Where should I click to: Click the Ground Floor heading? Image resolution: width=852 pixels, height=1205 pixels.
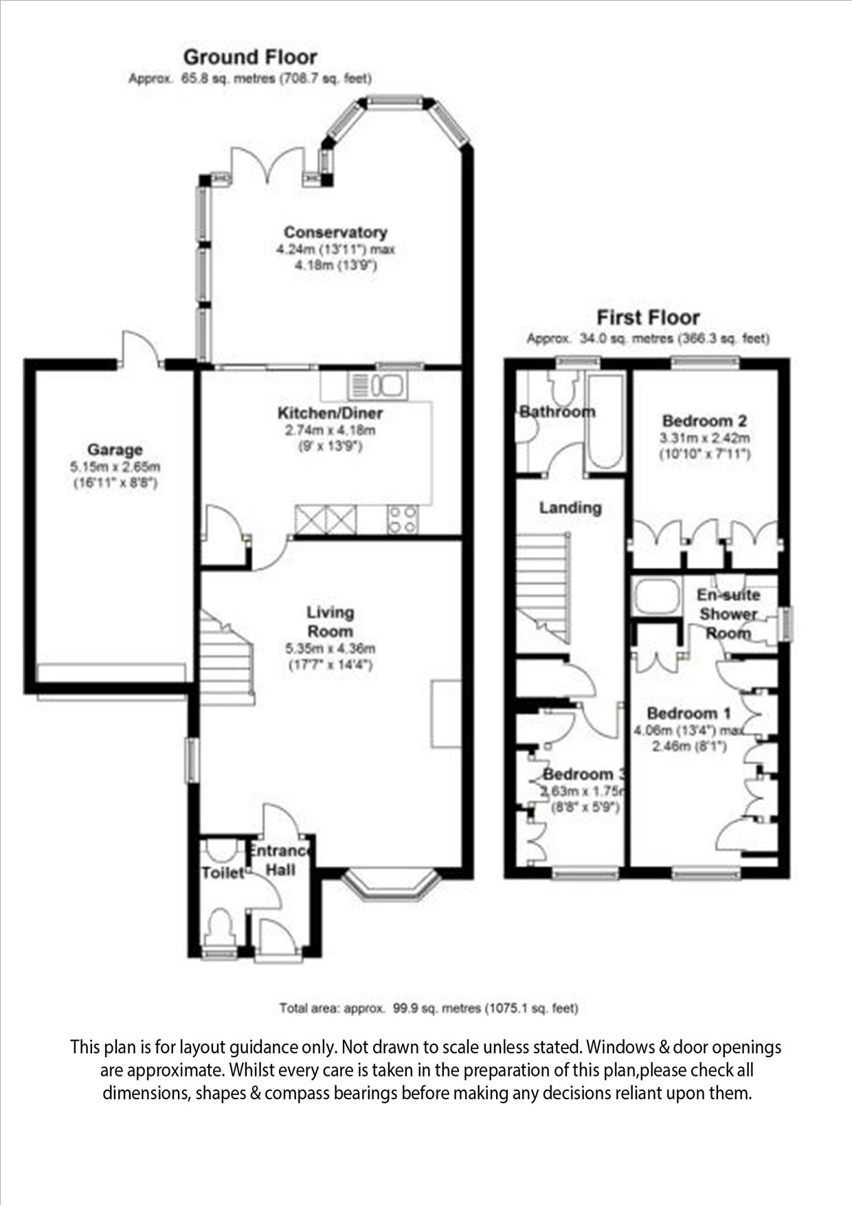pos(250,57)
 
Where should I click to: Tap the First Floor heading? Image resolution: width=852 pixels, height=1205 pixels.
pos(647,317)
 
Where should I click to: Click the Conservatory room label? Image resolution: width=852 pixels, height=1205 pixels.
pos(335,232)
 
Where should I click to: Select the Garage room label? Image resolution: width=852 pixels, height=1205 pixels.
pos(115,450)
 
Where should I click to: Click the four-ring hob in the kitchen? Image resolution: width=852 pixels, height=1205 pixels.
pos(403,519)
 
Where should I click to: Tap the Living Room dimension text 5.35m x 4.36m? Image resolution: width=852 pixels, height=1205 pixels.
pos(330,649)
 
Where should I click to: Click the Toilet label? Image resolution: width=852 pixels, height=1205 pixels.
pos(223,872)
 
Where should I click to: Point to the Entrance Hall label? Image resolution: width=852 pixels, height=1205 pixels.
pos(280,860)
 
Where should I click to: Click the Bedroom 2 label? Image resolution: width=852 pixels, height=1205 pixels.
pos(704,420)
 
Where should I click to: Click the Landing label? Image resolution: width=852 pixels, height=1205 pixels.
pos(570,508)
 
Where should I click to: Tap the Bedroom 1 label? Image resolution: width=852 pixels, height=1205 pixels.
pos(688,713)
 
